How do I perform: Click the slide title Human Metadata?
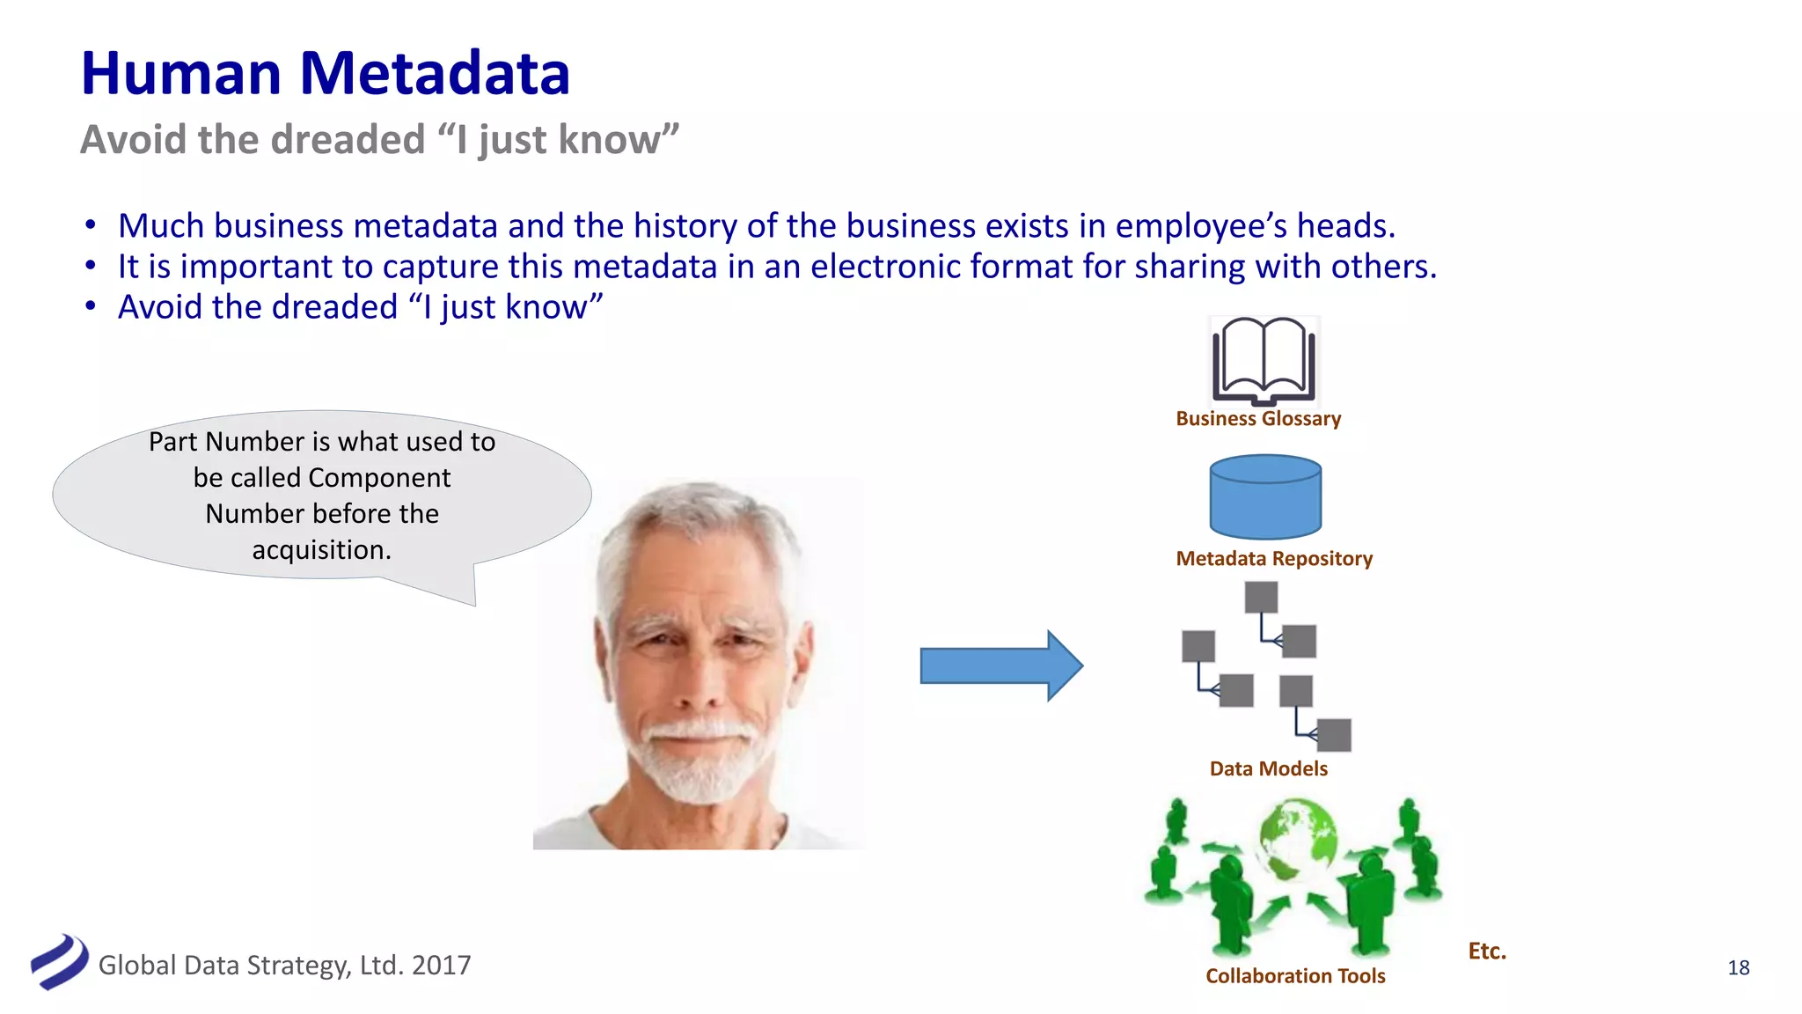(x=326, y=73)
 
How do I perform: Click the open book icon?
(x=1264, y=361)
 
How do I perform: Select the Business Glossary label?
(x=1258, y=419)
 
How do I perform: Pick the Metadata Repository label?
(x=1274, y=559)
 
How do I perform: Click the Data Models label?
(x=1268, y=769)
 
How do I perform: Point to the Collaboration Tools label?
(x=1295, y=976)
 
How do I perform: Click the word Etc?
(x=1487, y=952)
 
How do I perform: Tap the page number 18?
(x=1739, y=968)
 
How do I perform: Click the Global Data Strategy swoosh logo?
(x=59, y=961)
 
